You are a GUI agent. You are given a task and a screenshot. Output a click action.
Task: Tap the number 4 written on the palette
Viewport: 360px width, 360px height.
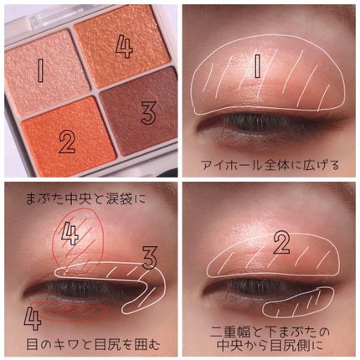pyautogui.click(x=124, y=47)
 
